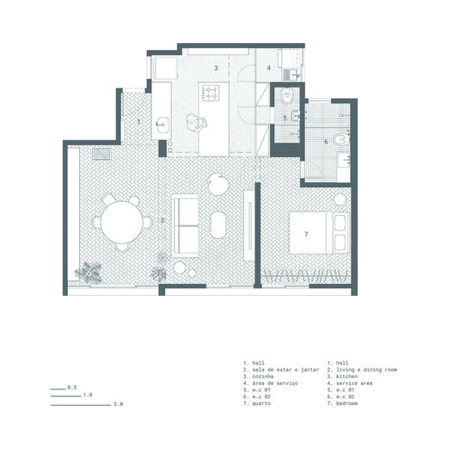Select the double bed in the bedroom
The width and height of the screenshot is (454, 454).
coord(316,231)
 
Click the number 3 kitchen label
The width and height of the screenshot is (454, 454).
coord(216,67)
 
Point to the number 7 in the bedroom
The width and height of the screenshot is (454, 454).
coord(305,233)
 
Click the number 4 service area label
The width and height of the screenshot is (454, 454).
coord(268,67)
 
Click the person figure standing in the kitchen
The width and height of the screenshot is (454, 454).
coord(202,123)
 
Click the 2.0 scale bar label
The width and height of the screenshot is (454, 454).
coord(119,403)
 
